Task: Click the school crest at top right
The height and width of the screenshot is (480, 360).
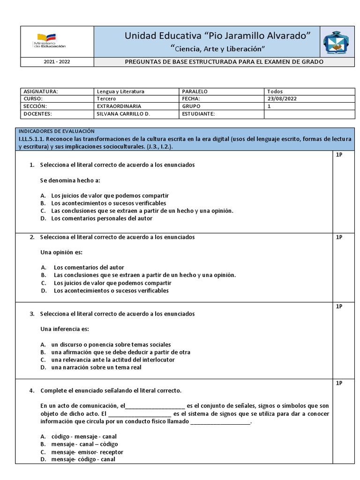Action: (336, 43)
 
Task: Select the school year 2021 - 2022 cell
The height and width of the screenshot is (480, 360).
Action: (57, 62)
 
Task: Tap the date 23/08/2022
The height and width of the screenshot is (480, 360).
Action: (282, 99)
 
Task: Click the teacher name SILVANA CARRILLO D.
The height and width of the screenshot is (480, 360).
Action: (123, 114)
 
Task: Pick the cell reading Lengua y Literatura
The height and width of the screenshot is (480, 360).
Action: (120, 91)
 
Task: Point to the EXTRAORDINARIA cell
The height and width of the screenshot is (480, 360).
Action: (119, 106)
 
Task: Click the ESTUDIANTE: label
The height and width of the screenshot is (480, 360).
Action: (198, 114)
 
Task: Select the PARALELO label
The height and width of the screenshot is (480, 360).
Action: (195, 91)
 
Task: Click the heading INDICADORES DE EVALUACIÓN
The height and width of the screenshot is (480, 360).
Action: (56, 131)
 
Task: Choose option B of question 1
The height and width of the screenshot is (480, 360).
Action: (108, 203)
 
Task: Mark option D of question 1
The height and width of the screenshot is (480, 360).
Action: (101, 218)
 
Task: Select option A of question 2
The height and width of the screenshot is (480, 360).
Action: (89, 267)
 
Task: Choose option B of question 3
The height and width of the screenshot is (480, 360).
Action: (120, 352)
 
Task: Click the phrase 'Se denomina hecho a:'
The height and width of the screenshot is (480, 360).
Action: (70, 180)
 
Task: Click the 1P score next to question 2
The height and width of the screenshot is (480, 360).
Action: (339, 237)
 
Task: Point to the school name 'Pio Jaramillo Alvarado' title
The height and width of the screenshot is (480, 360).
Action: (217, 36)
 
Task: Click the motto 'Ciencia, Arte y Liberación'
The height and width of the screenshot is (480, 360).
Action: (217, 49)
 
